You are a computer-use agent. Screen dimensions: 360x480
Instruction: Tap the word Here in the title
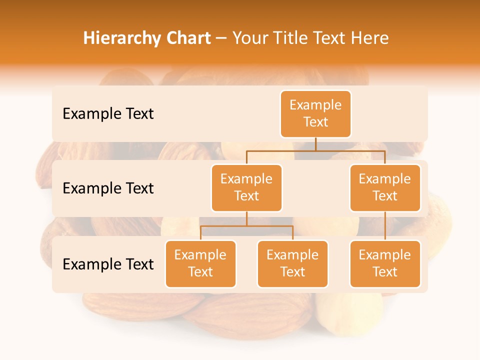click(370, 38)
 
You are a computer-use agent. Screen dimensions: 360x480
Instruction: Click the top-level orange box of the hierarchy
click(315, 113)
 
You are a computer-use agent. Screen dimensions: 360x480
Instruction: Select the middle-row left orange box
click(246, 187)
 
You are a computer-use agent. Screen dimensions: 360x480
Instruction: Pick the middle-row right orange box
click(385, 187)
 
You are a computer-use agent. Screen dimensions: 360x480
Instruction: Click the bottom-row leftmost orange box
click(200, 263)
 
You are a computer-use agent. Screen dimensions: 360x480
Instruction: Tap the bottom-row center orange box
click(292, 263)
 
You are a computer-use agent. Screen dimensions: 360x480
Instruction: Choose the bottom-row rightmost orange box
click(385, 263)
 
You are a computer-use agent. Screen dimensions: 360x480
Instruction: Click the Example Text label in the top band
click(108, 114)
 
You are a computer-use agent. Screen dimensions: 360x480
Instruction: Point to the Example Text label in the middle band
click(108, 188)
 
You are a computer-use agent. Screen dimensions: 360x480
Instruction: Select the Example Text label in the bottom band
click(108, 264)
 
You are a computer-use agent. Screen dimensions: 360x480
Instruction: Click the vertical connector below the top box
click(315, 143)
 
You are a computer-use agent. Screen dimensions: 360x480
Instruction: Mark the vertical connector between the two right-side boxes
click(385, 226)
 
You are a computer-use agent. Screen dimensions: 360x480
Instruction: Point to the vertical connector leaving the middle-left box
click(246, 218)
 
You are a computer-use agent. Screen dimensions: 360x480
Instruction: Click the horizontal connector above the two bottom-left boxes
click(246, 226)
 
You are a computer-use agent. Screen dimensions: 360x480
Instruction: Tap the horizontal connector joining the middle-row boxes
click(315, 150)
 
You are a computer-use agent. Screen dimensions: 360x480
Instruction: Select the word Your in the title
click(248, 38)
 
